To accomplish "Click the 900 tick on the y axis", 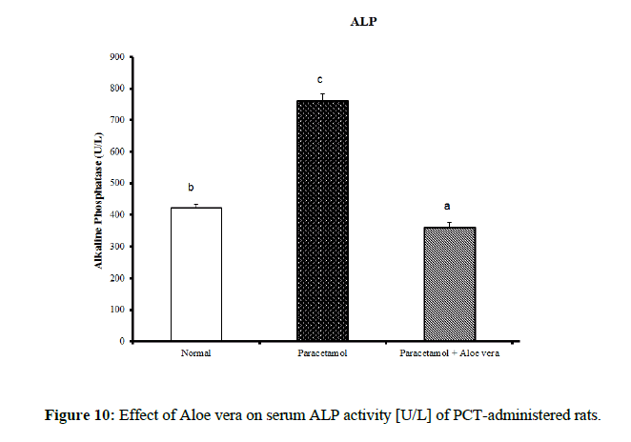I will pos(119,57).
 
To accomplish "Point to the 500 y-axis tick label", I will pos(119,183).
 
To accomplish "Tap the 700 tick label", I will pos(119,120).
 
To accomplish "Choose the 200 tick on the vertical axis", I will pos(119,277).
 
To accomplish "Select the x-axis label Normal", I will pos(195,354).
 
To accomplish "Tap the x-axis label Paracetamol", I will pos(322,354).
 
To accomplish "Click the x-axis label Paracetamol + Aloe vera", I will pos(449,354).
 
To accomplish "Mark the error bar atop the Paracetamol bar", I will pos(323,96).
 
